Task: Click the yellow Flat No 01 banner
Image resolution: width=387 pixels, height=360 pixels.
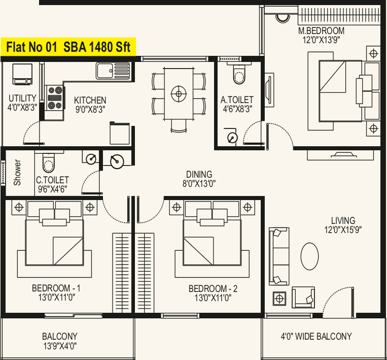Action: [x=68, y=47]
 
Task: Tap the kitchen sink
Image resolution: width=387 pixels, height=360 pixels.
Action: [x=113, y=71]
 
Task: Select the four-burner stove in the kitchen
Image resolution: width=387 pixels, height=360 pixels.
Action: [x=55, y=98]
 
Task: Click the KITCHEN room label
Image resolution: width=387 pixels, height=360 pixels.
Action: [x=90, y=101]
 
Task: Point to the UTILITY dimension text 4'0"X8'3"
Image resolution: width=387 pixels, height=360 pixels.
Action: [x=22, y=108]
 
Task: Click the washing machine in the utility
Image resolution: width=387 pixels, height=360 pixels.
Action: [x=22, y=74]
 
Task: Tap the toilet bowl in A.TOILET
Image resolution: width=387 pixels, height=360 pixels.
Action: [x=239, y=74]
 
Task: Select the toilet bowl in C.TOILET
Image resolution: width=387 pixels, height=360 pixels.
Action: [x=48, y=163]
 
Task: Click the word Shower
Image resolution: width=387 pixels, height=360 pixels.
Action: [x=17, y=173]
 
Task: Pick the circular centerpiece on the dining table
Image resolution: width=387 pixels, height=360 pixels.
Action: [x=179, y=94]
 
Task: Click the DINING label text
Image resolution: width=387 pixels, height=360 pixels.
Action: [x=199, y=175]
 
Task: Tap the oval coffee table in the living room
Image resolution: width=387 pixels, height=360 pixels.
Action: [x=309, y=256]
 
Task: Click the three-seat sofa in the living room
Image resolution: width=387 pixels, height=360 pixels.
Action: [x=279, y=256]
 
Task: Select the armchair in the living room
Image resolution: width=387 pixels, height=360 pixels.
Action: [x=303, y=297]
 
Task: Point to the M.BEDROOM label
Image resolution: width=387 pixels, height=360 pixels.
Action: [x=322, y=30]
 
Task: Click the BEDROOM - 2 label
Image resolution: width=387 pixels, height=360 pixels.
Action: [x=213, y=288]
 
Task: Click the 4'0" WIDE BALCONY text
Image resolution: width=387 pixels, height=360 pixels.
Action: [x=316, y=336]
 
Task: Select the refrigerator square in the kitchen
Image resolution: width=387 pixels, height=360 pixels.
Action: [x=120, y=133]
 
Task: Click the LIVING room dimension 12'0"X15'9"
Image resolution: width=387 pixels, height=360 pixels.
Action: [x=343, y=230]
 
